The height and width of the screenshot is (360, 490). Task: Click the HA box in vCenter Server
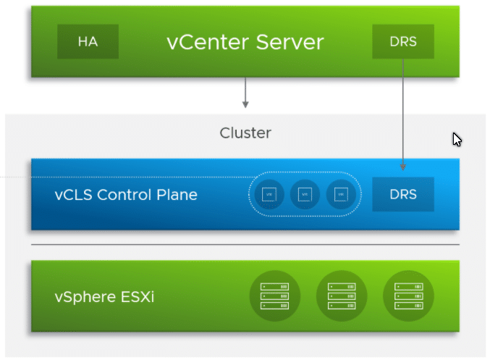click(88, 41)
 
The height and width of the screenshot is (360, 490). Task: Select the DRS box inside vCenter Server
click(403, 41)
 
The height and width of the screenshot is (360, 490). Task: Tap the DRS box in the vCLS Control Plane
click(403, 194)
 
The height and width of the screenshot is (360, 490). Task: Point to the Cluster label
click(245, 133)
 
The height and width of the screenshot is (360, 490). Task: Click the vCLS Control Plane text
click(126, 194)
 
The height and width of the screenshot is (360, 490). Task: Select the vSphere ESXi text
click(104, 298)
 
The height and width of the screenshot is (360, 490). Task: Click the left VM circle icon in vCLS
click(269, 194)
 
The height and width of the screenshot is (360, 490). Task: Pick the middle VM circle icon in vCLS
click(305, 194)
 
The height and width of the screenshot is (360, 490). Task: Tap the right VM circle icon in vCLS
click(340, 194)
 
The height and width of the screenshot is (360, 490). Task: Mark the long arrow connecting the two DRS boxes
click(403, 116)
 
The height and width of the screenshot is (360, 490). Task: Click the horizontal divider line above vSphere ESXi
click(245, 245)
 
